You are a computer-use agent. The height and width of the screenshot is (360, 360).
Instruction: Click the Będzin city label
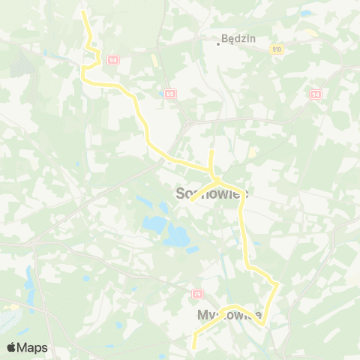237,37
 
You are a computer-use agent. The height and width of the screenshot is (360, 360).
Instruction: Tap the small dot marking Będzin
217,43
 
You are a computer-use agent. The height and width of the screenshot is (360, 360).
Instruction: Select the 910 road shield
277,48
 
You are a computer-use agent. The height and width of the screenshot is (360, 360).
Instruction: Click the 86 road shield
170,93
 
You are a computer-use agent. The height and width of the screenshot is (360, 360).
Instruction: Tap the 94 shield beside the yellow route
112,59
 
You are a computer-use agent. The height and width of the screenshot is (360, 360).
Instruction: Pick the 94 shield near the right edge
315,94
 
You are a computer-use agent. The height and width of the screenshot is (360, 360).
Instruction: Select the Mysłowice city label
229,314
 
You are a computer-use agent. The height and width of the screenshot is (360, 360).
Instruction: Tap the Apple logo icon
12,347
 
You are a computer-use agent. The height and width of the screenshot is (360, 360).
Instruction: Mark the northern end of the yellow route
83,13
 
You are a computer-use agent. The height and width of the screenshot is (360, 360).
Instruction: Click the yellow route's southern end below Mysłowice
194,347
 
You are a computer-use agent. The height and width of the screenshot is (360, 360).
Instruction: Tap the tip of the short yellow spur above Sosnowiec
211,152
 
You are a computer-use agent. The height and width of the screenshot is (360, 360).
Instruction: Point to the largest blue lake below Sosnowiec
178,237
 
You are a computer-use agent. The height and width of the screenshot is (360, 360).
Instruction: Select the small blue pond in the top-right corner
305,13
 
